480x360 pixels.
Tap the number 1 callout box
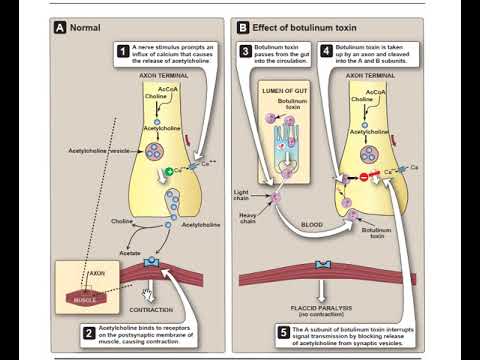click(123, 49)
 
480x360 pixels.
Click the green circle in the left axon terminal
click(169, 171)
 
